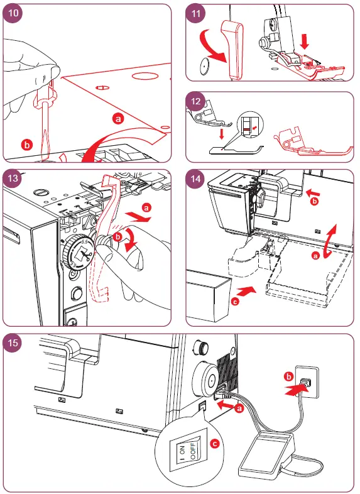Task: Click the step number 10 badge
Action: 14,14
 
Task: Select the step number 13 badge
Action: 14,178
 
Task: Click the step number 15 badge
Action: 14,343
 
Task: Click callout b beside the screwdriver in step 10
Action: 26,145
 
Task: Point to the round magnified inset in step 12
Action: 250,129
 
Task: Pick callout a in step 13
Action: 147,206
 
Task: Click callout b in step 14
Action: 315,202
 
